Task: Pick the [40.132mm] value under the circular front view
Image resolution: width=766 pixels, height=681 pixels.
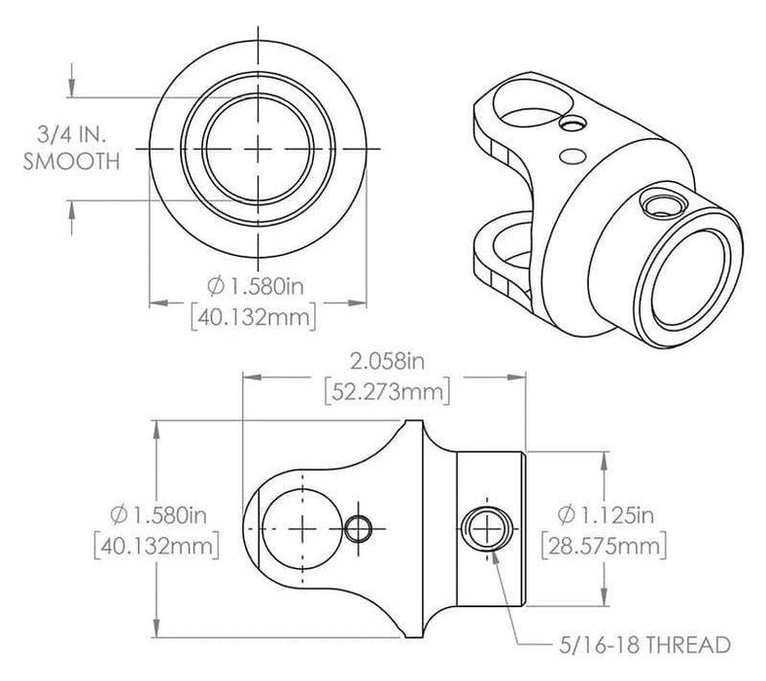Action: click(x=257, y=314)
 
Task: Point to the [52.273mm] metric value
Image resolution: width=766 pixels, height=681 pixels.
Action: click(x=385, y=392)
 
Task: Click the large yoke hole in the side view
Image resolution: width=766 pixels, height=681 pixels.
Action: click(x=302, y=526)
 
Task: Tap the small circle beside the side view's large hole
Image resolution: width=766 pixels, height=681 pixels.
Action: click(x=359, y=527)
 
